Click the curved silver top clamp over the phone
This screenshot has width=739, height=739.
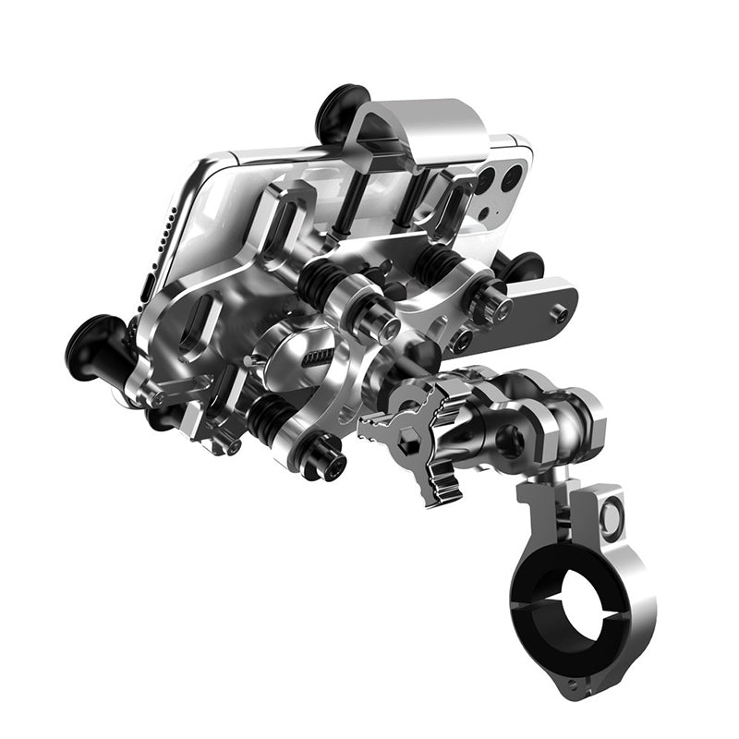(434, 129)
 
